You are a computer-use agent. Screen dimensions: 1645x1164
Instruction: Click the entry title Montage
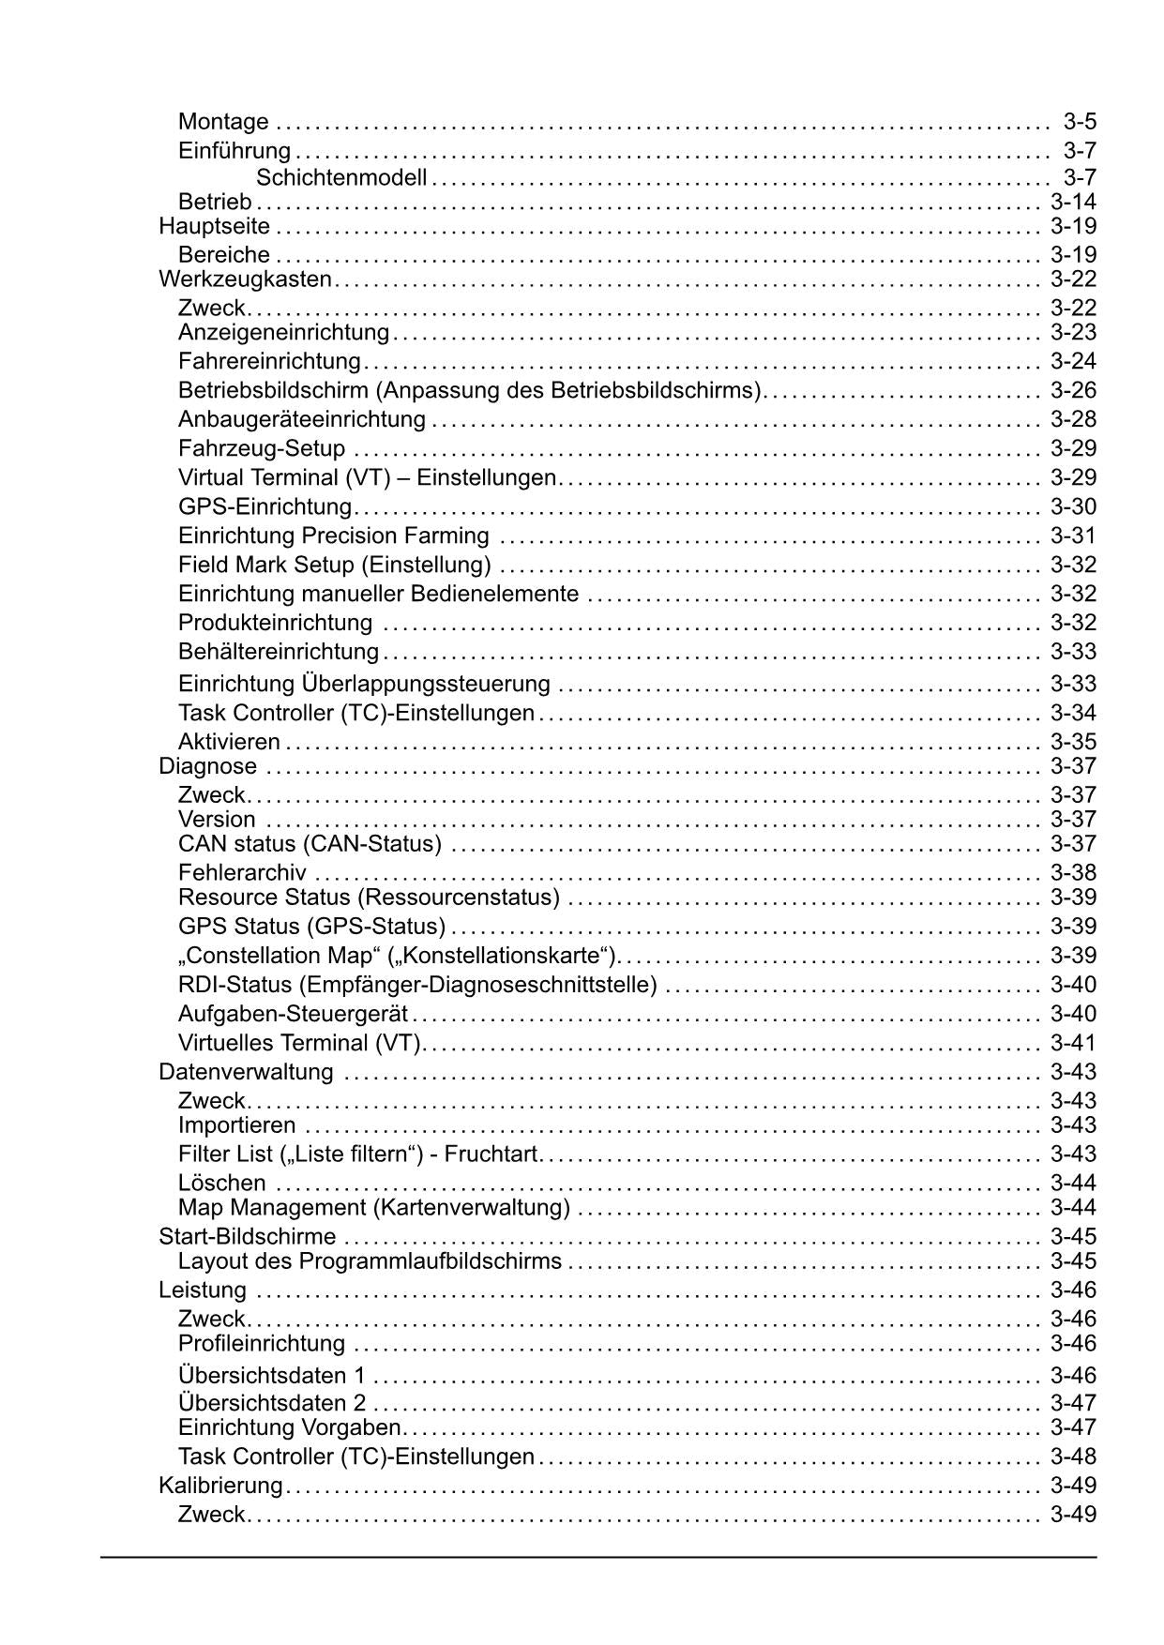[223, 122]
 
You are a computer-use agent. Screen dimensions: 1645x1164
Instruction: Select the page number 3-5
[1080, 122]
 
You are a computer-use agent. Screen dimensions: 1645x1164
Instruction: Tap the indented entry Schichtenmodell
[340, 177]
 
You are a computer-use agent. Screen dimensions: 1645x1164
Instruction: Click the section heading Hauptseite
[214, 226]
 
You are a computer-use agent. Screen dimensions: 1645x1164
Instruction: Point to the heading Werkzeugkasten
[245, 279]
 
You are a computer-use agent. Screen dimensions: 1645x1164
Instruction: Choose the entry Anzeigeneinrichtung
[283, 332]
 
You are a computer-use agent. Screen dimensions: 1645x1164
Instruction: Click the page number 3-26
[1073, 390]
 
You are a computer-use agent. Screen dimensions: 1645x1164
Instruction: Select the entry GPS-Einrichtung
[265, 507]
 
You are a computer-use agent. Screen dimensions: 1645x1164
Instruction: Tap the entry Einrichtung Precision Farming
[333, 536]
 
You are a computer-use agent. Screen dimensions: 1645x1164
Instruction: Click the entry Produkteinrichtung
[275, 624]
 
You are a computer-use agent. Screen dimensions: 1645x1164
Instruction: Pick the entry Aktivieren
[229, 743]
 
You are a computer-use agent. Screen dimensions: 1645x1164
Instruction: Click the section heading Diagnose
[207, 766]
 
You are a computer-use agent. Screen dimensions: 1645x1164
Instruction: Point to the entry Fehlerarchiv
[242, 873]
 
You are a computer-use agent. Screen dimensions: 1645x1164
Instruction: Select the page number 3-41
[1073, 1043]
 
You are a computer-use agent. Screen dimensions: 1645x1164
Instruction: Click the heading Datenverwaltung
[246, 1072]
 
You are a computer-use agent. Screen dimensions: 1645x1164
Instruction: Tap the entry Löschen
[221, 1184]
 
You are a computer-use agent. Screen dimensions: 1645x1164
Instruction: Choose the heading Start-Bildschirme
[247, 1237]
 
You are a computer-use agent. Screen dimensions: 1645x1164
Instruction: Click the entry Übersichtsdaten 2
[272, 1404]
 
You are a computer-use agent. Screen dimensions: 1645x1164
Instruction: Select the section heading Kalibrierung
[220, 1486]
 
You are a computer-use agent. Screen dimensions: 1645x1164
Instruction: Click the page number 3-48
[1073, 1456]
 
